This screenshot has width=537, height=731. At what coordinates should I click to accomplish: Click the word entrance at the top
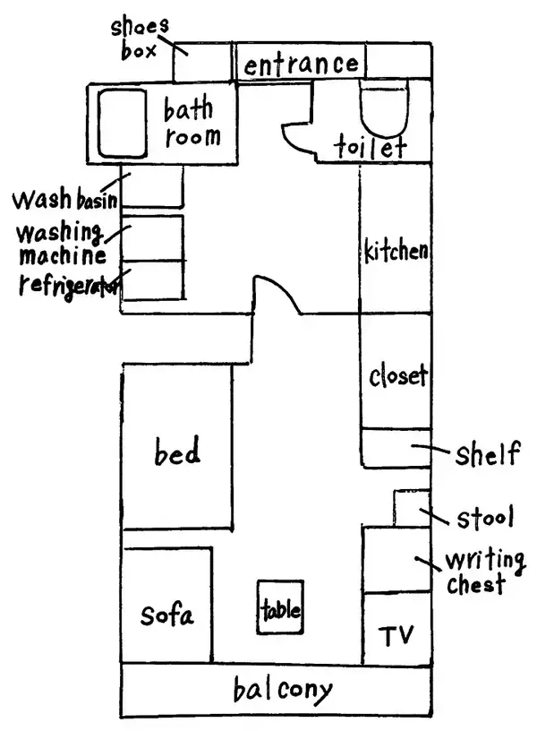pyautogui.click(x=302, y=64)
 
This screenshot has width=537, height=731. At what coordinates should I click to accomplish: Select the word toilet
pyautogui.click(x=371, y=147)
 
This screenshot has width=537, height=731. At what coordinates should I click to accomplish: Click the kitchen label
pyautogui.click(x=396, y=251)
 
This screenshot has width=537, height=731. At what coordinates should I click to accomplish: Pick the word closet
pyautogui.click(x=397, y=376)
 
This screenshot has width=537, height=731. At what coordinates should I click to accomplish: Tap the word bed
pyautogui.click(x=177, y=452)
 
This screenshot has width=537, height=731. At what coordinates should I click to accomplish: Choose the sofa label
pyautogui.click(x=166, y=615)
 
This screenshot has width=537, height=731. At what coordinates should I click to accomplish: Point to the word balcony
pyautogui.click(x=282, y=691)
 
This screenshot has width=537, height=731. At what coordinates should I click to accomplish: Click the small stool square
pyautogui.click(x=410, y=509)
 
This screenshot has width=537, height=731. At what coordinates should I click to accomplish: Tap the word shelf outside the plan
pyautogui.click(x=486, y=453)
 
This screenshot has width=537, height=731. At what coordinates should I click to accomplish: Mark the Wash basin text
pyautogui.click(x=65, y=197)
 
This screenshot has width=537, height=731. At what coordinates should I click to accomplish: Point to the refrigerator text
pyautogui.click(x=68, y=285)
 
